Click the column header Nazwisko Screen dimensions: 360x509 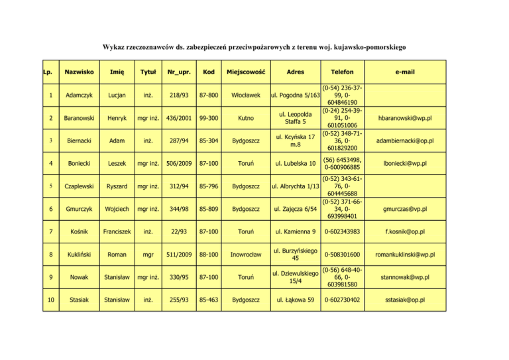pos(79,70)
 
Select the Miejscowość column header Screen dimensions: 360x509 pos(247,70)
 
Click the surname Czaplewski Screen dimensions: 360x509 pos(79,186)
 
